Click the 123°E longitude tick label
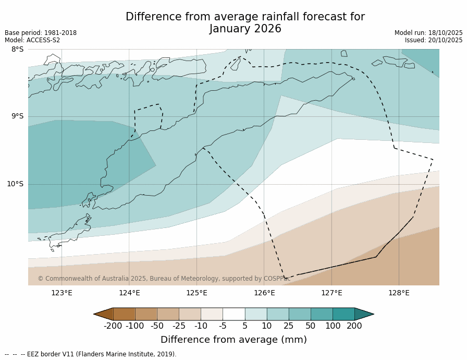pos(62,293)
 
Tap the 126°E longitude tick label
pos(264,293)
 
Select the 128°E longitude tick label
pos(399,293)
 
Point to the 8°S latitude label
pos(17,49)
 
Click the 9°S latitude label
pos(17,116)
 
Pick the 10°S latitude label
pos(15,184)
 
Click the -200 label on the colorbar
pos(113,326)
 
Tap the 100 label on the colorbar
pos(333,326)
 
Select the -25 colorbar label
pos(179,326)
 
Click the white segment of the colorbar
pos(234,314)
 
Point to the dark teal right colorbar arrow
pos(364,314)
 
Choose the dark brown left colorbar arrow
pos(103,314)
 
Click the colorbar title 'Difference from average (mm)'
pos(233,340)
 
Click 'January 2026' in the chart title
pos(245,29)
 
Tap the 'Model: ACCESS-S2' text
pos(32,40)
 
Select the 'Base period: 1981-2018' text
pos(41,33)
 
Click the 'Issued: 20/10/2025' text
pos(434,40)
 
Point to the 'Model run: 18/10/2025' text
pos(428,33)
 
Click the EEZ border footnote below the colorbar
pos(91,354)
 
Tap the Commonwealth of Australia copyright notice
pos(164,279)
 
